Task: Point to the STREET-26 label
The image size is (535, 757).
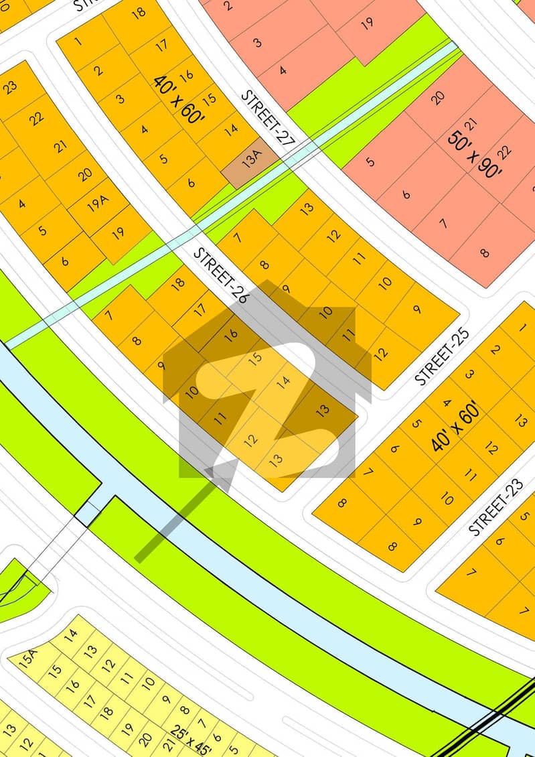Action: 220,274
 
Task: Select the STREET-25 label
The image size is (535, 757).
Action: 442,356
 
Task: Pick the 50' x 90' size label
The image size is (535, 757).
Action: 475,153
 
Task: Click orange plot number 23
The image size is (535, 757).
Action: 10,88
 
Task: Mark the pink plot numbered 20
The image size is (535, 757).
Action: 437,98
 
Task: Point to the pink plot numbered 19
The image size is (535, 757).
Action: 367,24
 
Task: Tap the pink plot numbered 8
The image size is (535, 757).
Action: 484,253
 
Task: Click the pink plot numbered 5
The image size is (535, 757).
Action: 370,161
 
